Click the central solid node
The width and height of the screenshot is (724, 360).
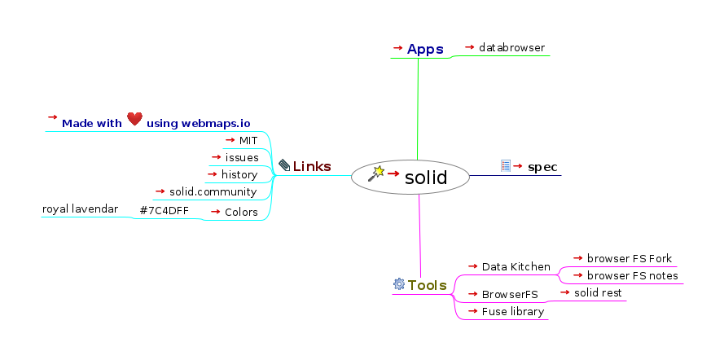tap(425, 177)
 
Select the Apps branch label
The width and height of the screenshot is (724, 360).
tap(425, 50)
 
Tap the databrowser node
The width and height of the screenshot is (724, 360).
tap(511, 48)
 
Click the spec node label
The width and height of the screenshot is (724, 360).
tap(542, 167)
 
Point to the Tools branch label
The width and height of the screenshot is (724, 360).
tap(427, 285)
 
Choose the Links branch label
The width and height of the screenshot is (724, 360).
tap(312, 166)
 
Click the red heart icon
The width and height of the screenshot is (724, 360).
tap(134, 120)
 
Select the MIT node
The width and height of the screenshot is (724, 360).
tap(248, 140)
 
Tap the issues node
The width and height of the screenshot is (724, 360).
tap(242, 157)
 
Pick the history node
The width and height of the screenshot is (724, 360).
tap(239, 174)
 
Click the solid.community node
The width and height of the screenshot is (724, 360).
tap(213, 192)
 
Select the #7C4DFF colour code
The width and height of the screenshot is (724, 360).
tap(165, 212)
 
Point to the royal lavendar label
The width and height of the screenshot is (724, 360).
tap(80, 209)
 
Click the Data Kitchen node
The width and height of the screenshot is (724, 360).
tap(516, 266)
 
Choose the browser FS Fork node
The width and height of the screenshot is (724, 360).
tap(629, 259)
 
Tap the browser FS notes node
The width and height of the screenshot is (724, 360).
tap(632, 275)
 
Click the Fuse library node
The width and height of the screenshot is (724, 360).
tap(512, 311)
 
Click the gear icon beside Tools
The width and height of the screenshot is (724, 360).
tap(399, 284)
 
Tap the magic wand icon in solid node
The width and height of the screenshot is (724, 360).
tap(375, 173)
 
